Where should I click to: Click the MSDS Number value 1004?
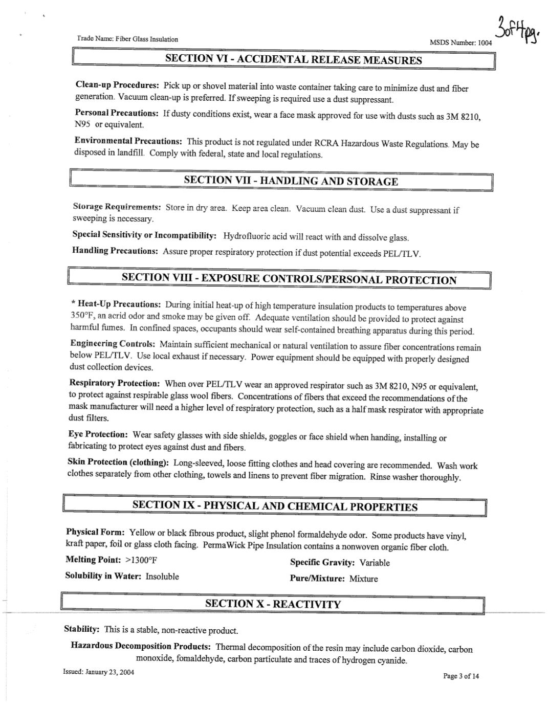485,43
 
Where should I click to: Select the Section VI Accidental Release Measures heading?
293,60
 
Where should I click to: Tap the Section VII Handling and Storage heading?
291,181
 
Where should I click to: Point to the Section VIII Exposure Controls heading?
289,279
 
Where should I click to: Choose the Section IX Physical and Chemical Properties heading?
275,506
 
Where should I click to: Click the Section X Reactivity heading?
273,604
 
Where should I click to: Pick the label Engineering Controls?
112,344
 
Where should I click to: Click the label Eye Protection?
98,434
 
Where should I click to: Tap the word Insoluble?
162,576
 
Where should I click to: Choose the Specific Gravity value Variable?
375,563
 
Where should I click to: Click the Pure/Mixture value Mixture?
364,579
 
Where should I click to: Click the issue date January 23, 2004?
110,672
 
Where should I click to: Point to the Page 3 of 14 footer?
461,676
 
